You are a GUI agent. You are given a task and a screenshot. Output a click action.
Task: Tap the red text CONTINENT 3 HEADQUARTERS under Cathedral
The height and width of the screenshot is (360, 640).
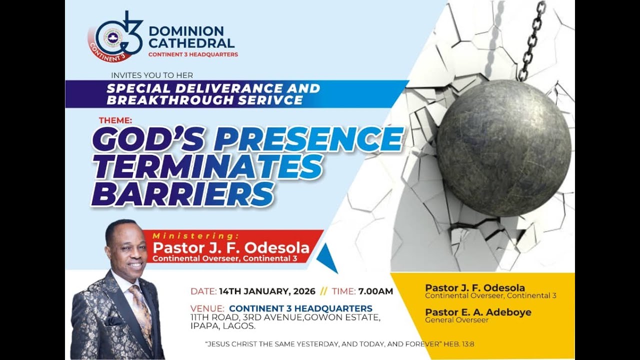(x=193, y=54)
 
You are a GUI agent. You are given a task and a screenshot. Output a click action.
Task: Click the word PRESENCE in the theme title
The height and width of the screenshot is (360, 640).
(x=308, y=139)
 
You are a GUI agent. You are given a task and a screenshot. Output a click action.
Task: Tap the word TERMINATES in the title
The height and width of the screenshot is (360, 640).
(x=206, y=166)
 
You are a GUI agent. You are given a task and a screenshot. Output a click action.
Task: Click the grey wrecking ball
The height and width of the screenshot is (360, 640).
(x=503, y=148)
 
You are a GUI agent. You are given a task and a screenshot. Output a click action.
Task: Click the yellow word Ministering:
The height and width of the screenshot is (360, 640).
(x=195, y=235)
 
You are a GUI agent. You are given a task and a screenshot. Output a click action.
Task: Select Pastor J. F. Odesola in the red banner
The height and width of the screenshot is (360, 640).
(x=230, y=248)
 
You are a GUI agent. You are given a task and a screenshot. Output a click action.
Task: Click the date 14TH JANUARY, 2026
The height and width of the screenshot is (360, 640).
(x=267, y=291)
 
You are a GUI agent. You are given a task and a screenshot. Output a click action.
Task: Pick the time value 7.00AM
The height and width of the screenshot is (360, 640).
(x=375, y=291)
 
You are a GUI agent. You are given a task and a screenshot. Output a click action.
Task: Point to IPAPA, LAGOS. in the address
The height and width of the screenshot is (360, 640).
(x=223, y=326)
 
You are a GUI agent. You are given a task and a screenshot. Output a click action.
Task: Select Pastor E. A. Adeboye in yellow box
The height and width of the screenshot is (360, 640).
(x=478, y=312)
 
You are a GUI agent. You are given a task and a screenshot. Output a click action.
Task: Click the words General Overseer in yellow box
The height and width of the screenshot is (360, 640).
(x=456, y=320)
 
